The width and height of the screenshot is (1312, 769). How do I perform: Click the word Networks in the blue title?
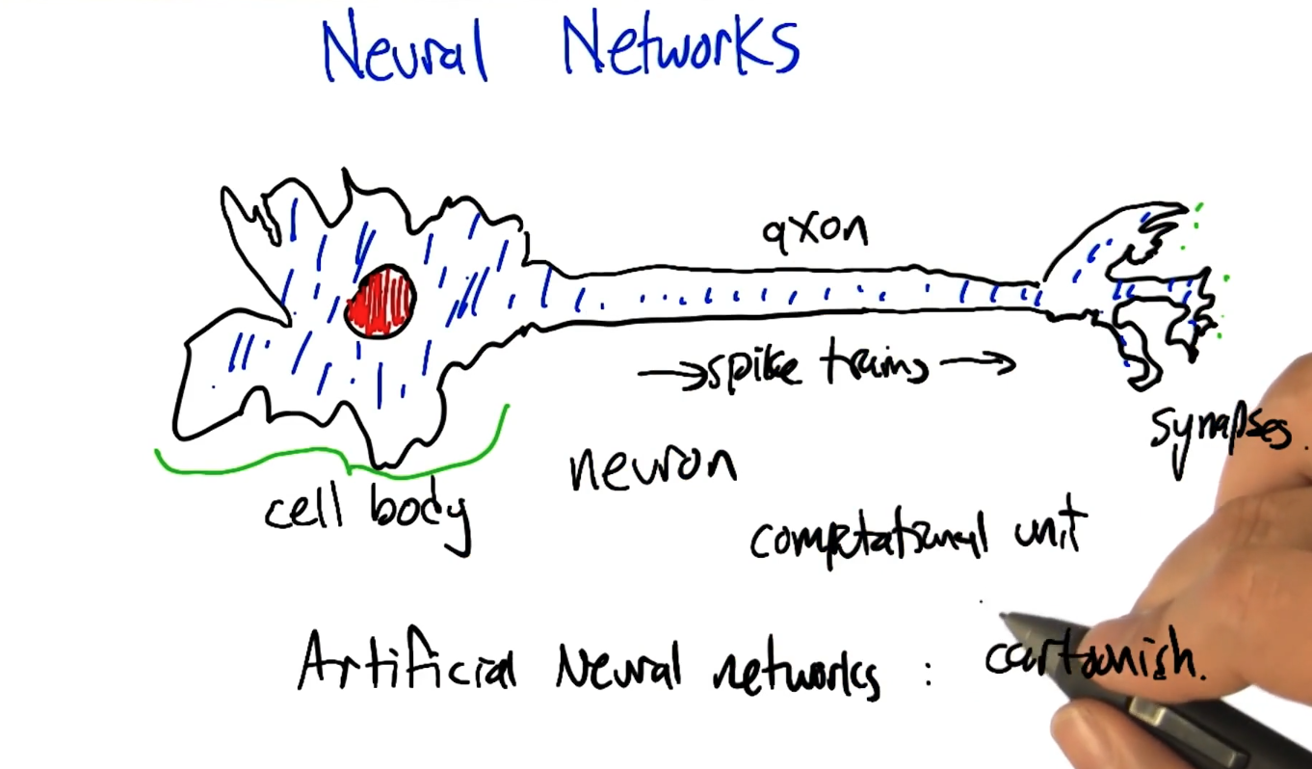(680, 46)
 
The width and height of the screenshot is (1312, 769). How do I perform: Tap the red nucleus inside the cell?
(380, 302)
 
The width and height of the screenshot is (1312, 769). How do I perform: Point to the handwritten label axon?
(815, 230)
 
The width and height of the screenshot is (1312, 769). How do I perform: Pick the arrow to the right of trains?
(978, 363)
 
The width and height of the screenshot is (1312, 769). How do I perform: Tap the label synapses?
(1219, 435)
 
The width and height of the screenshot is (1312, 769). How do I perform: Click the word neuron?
(652, 468)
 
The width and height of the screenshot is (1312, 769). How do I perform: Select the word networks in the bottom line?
(796, 669)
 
